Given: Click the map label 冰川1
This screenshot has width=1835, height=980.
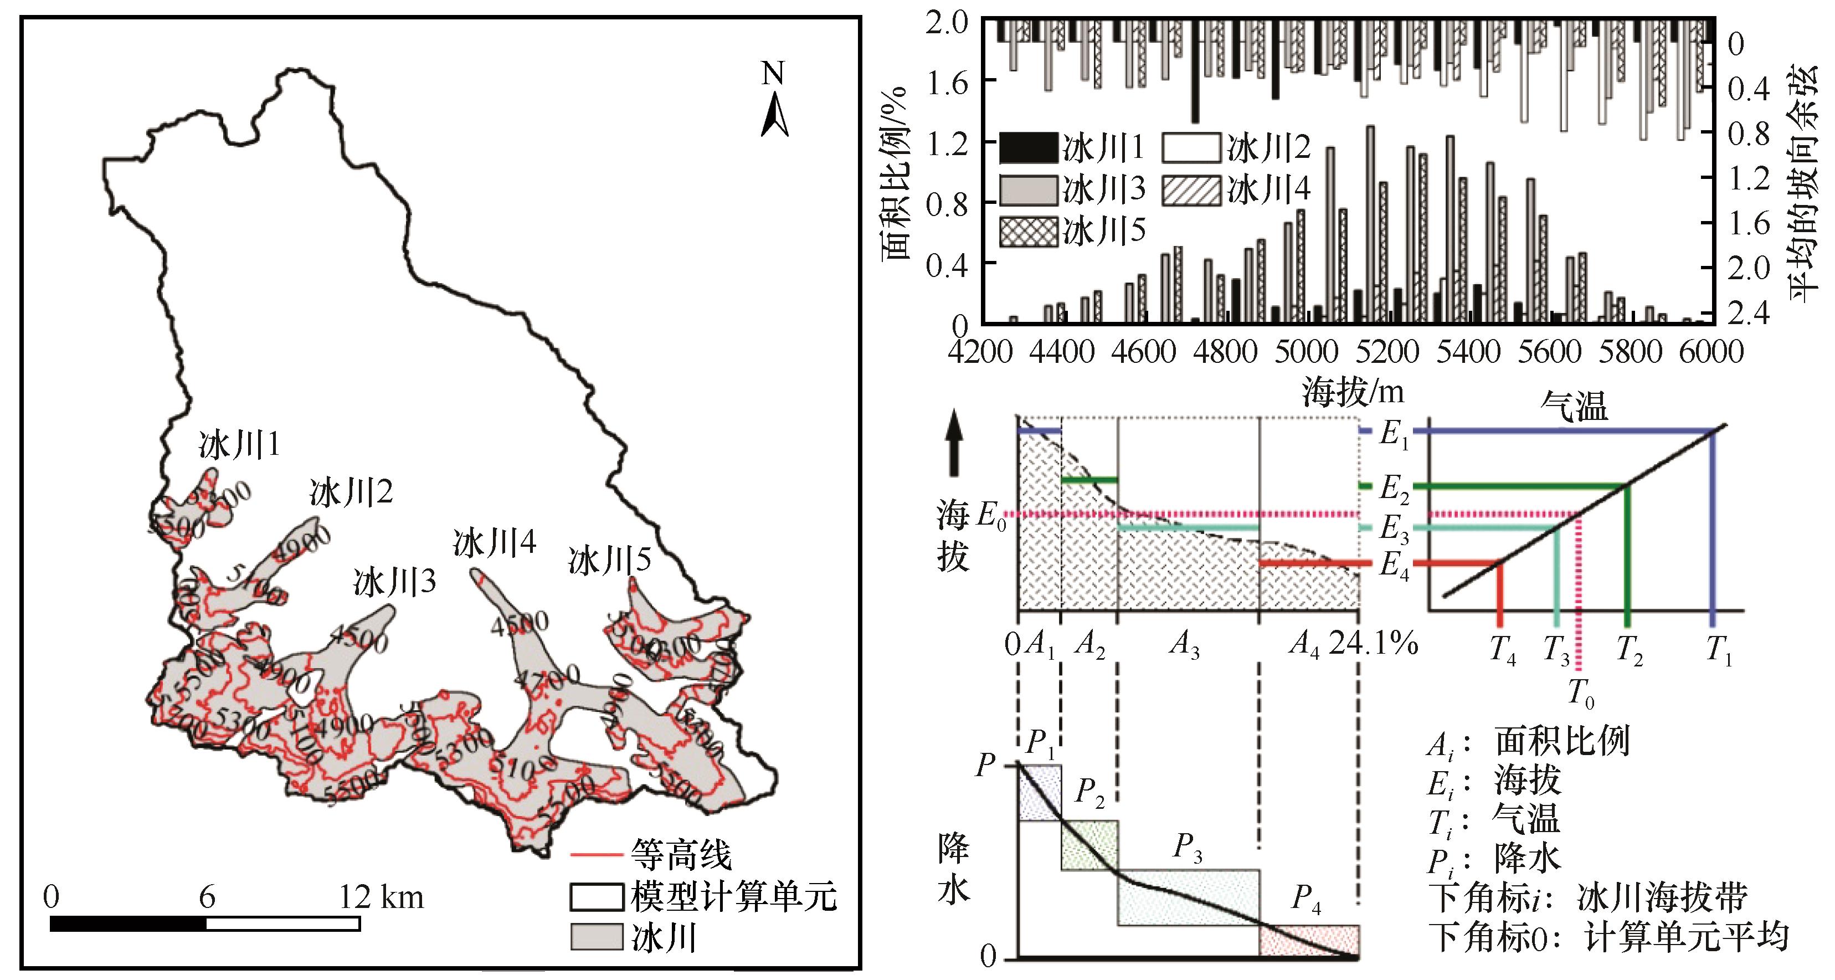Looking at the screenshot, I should [239, 445].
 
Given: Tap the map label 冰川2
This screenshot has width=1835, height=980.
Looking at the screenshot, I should [351, 492].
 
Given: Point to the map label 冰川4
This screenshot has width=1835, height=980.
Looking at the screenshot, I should [495, 543].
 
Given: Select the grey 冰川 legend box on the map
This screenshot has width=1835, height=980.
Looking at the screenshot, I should [597, 937].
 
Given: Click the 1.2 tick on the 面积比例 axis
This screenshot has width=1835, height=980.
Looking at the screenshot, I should [947, 145].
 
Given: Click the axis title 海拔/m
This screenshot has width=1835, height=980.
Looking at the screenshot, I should [1353, 391].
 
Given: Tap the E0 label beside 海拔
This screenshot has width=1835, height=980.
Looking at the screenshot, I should [991, 514].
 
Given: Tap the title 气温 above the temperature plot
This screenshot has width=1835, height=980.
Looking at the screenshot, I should [1574, 408].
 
